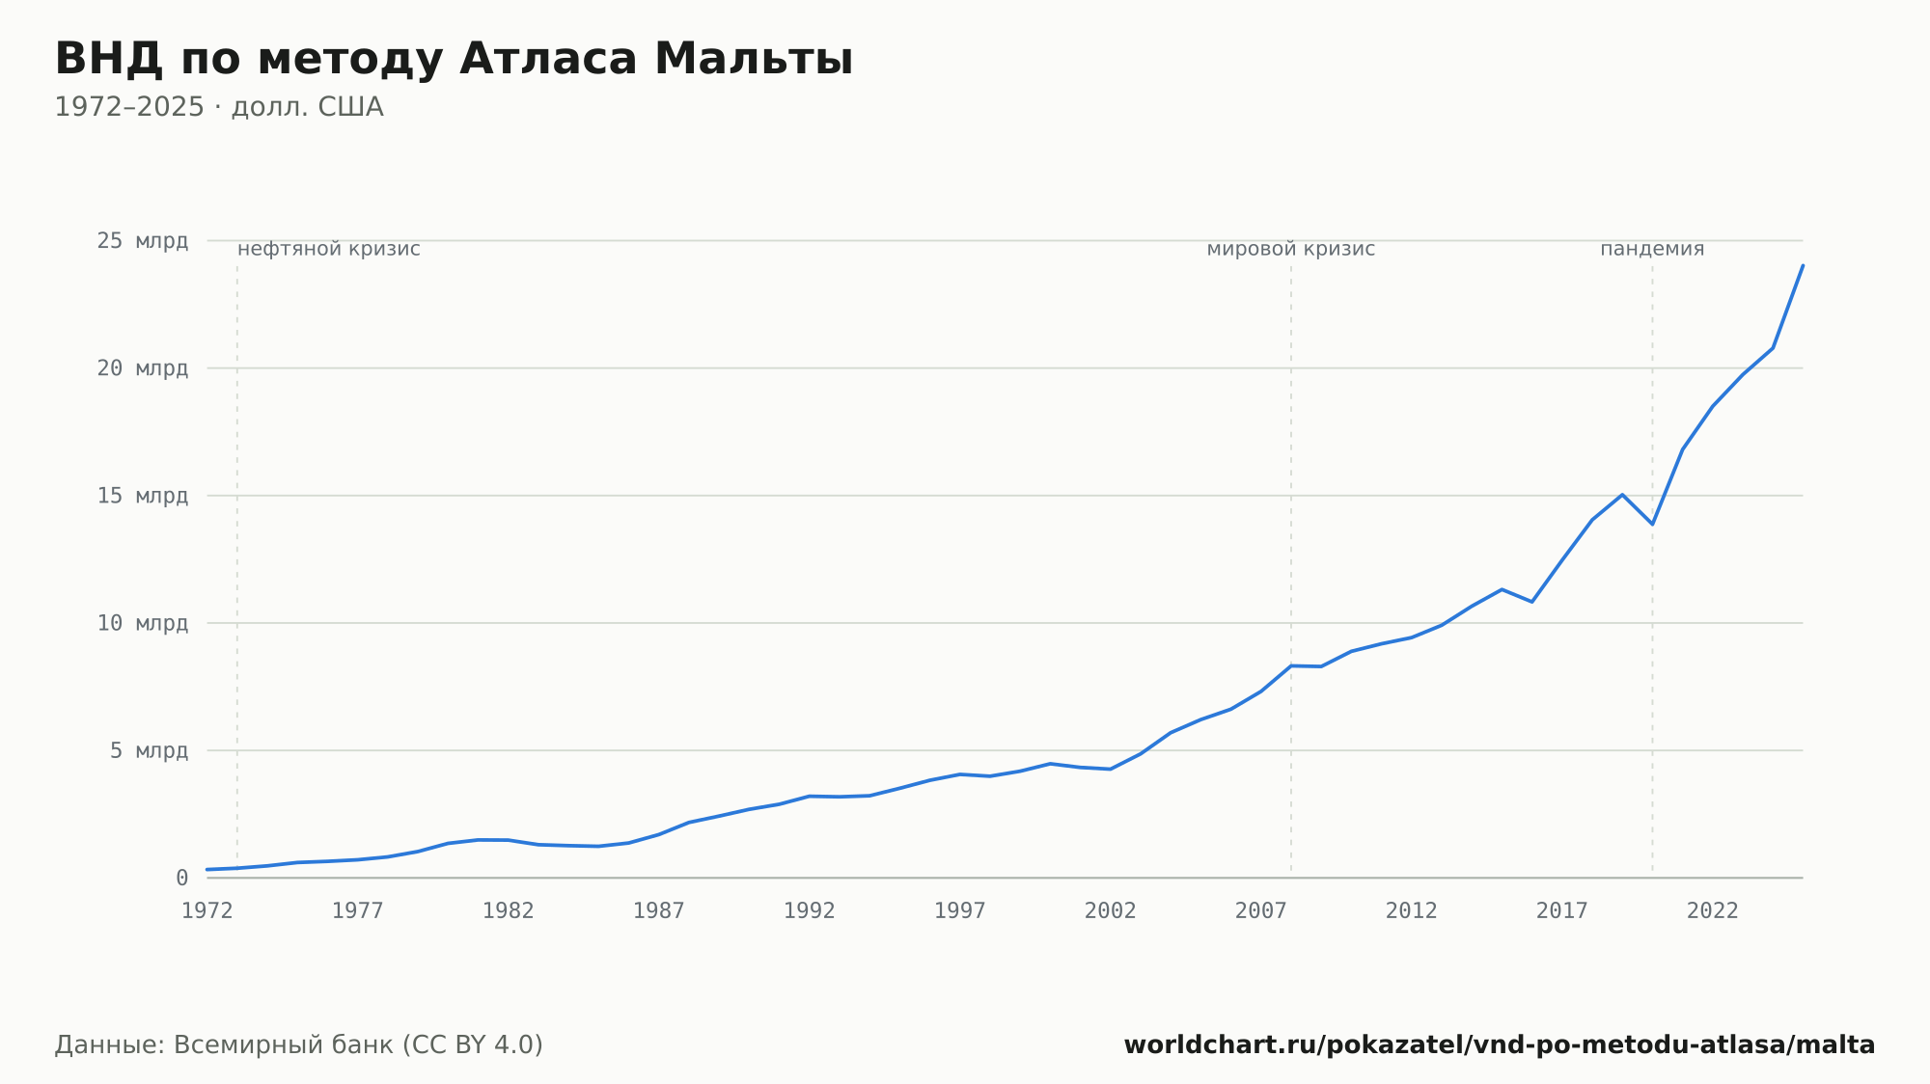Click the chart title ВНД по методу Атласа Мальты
pyautogui.click(x=454, y=59)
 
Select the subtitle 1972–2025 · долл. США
pyautogui.click(x=219, y=107)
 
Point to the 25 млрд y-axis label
pyautogui.click(x=142, y=241)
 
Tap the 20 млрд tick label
pyautogui.click(x=142, y=368)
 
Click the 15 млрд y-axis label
pyautogui.click(x=142, y=496)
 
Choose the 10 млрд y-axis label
pyautogui.click(x=142, y=623)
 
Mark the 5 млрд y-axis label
pyautogui.click(x=149, y=750)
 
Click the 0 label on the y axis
pyautogui.click(x=181, y=879)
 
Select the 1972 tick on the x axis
pyautogui.click(x=207, y=911)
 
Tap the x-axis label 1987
pyautogui.click(x=659, y=911)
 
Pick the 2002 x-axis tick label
pyautogui.click(x=1111, y=911)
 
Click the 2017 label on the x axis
pyautogui.click(x=1562, y=911)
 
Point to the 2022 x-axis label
pyautogui.click(x=1713, y=911)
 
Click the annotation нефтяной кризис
pyautogui.click(x=329, y=249)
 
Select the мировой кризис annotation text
pyautogui.click(x=1291, y=249)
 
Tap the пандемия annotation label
pyautogui.click(x=1652, y=249)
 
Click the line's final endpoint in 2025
pyautogui.click(x=1803, y=265)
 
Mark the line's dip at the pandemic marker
pyautogui.click(x=1652, y=524)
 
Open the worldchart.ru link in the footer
pyautogui.click(x=1500, y=1045)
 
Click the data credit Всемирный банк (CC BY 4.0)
pyautogui.click(x=358, y=1045)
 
